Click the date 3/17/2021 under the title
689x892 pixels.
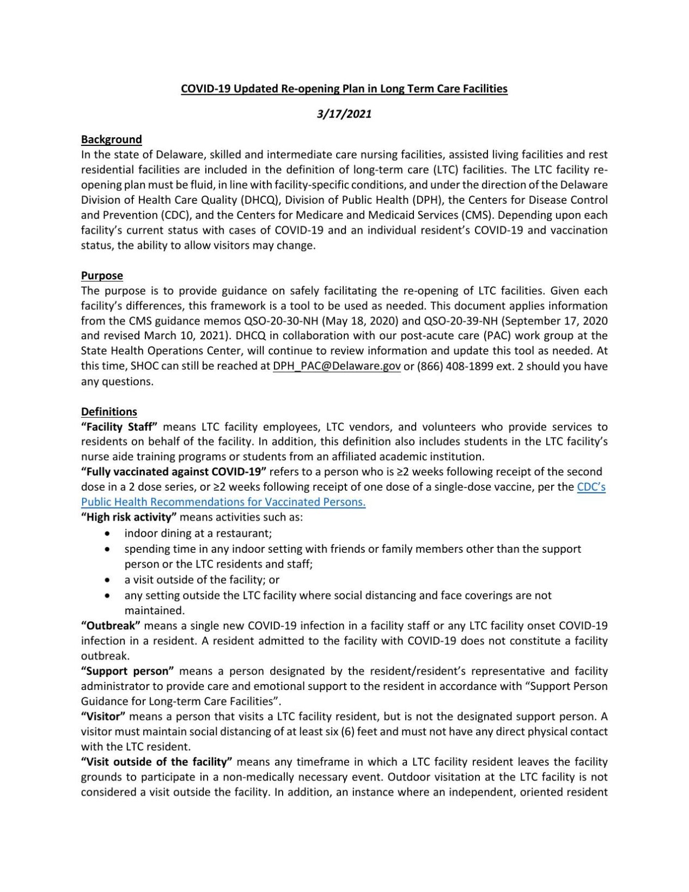344,114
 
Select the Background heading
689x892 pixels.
111,139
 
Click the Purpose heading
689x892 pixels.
102,276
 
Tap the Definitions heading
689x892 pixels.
109,412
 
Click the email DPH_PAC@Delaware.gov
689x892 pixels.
337,366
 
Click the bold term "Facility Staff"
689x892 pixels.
119,426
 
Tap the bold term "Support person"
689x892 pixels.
127,671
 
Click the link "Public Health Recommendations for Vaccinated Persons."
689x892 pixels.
223,502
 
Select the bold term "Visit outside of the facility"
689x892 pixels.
157,761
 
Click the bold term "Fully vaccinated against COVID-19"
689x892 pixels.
173,472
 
